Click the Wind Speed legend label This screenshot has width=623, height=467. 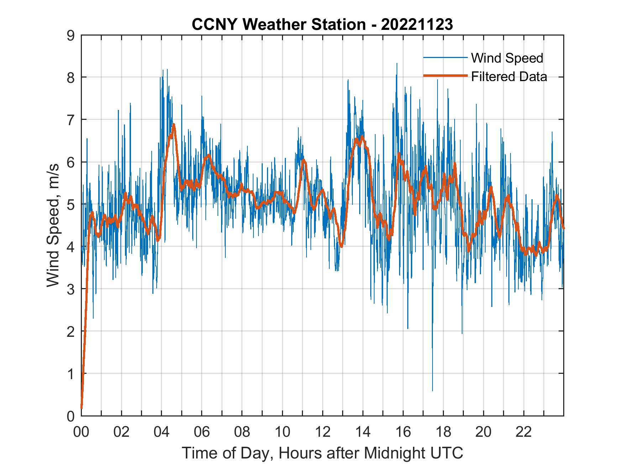coord(507,58)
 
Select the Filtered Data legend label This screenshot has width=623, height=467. coord(509,76)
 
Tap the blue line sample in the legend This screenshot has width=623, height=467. coord(445,58)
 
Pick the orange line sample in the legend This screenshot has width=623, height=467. coord(445,76)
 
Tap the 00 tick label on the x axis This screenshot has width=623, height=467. coord(81,432)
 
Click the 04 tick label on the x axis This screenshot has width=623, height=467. coord(162,432)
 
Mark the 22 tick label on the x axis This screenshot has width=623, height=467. coord(524,432)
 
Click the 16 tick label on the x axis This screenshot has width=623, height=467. coord(403,432)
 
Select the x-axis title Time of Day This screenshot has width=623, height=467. coord(323,453)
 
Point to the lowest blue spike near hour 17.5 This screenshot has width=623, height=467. coord(433,391)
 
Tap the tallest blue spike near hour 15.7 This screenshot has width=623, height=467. coord(397,64)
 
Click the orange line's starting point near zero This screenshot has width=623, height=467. coord(82,408)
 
